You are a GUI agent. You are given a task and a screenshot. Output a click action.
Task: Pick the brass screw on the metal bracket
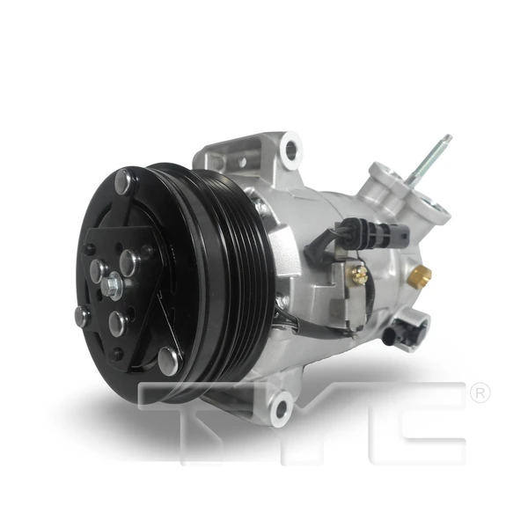(359, 275)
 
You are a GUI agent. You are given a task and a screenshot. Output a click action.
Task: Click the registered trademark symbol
(480, 393)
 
